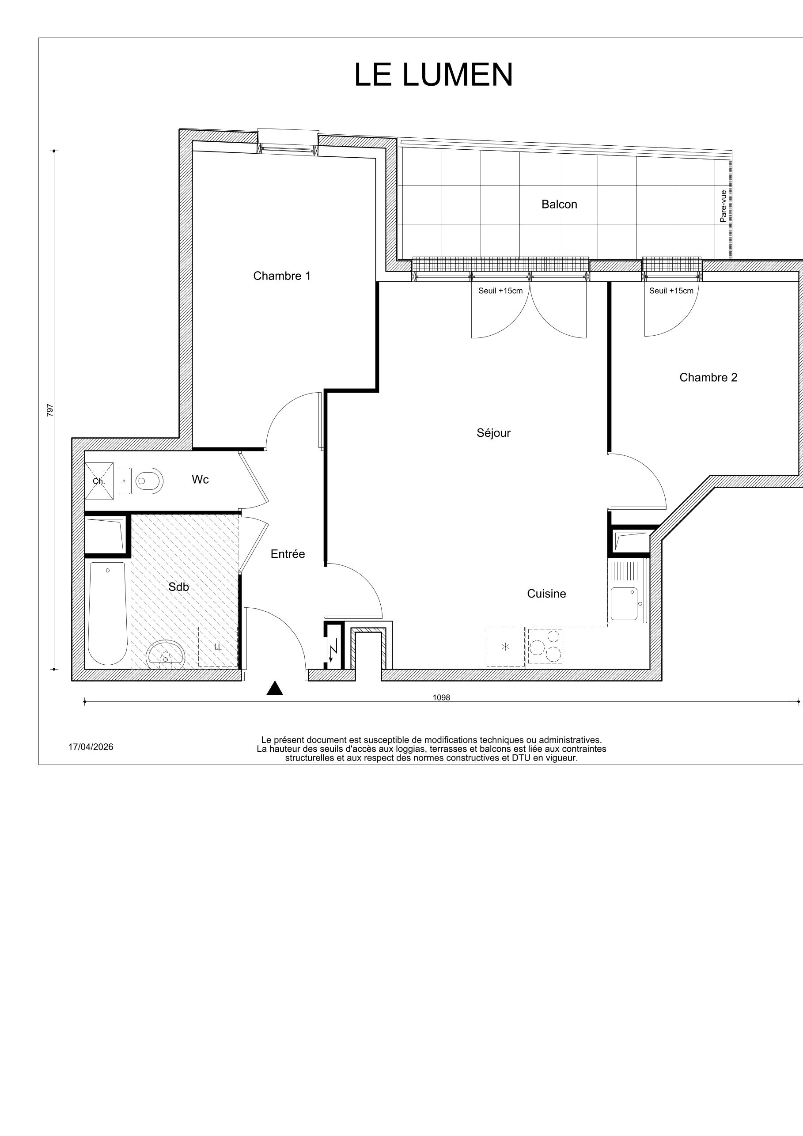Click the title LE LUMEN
tap(433, 75)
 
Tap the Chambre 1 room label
tap(281, 276)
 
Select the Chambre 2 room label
tap(708, 378)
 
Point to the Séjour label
tap(493, 433)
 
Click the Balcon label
tap(559, 204)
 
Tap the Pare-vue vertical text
tap(723, 206)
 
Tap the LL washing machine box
tap(218, 647)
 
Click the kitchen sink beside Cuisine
tap(625, 604)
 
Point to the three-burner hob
tap(545, 646)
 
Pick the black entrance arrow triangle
tap(275, 688)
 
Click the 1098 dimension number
tap(441, 697)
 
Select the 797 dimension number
tap(49, 410)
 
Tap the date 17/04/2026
tap(91, 747)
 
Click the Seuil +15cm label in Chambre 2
tap(671, 291)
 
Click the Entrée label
tap(288, 554)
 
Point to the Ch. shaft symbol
tap(99, 481)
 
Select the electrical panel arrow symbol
tap(333, 650)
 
